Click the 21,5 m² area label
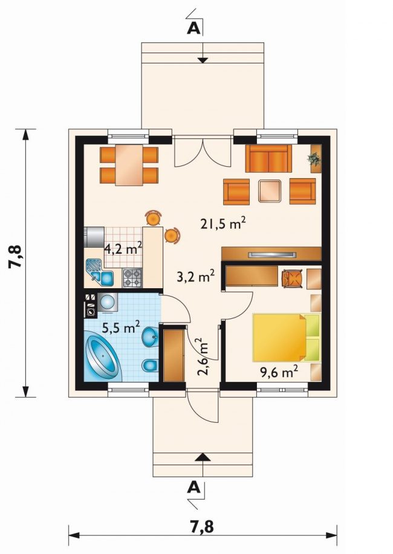pos(223,224)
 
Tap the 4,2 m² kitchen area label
pos(123,249)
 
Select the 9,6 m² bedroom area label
pos(279,372)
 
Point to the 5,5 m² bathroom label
pos(121,327)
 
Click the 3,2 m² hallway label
pos(196,277)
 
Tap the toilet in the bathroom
pos(150,366)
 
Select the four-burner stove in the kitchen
pos(132,278)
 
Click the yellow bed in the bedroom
pos(287,338)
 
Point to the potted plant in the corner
pos(314,159)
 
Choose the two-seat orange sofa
pos(269,158)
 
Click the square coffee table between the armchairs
pos(270,191)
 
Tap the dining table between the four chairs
pos(129,165)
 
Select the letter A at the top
pos(193,28)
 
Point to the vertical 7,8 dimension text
pos(16,257)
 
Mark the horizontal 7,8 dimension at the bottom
pos(202,526)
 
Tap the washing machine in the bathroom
pos(107,303)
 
